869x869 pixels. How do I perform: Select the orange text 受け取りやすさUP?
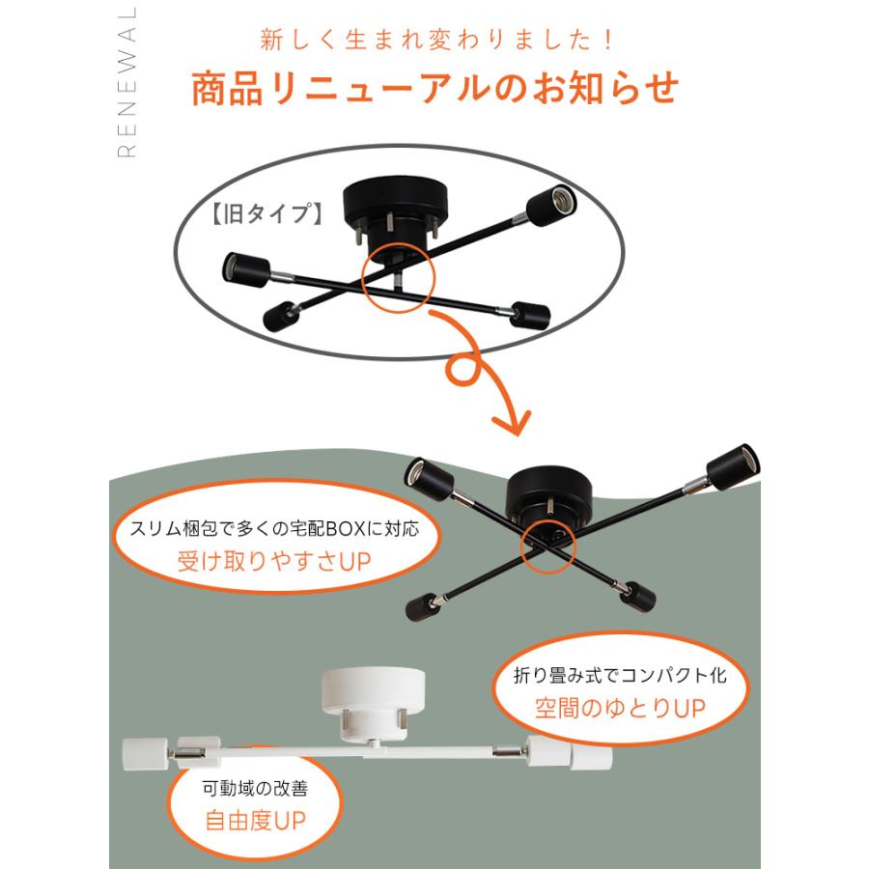pyautogui.click(x=274, y=561)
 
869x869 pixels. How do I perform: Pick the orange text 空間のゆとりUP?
pyautogui.click(x=619, y=708)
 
